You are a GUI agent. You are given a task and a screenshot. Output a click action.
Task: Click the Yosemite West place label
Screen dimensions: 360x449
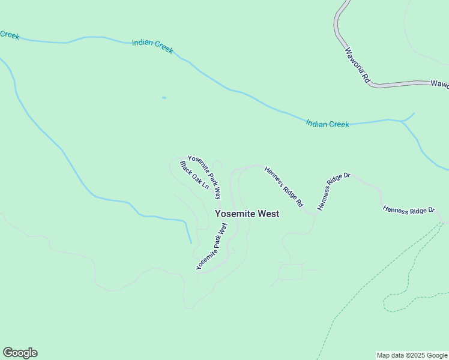pos(247,214)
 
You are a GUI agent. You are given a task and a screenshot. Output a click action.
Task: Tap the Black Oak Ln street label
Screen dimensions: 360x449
pos(194,175)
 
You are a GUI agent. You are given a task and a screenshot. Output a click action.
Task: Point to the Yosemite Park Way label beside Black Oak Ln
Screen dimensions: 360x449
pos(205,177)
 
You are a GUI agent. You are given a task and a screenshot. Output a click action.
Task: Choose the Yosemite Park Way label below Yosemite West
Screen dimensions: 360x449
pos(212,247)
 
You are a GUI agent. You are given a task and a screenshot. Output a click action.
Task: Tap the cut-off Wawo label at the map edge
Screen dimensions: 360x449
pos(440,84)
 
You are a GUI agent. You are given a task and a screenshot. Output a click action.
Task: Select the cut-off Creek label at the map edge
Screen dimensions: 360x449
pos(10,35)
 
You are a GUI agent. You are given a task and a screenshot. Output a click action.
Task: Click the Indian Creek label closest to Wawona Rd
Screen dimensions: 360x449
pos(327,124)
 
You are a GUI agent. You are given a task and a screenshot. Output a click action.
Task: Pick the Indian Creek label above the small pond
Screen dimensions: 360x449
pos(152,47)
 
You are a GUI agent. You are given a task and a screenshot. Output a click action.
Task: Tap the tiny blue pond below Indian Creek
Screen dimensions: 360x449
pos(164,98)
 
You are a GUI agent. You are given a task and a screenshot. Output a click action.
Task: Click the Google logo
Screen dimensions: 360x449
pos(20,353)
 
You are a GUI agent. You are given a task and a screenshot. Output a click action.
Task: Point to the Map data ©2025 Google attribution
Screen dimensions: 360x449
pos(412,355)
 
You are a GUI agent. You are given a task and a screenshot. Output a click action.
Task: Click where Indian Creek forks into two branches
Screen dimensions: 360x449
pos(402,121)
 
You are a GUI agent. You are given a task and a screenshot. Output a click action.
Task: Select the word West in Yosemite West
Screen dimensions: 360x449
pos(268,214)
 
